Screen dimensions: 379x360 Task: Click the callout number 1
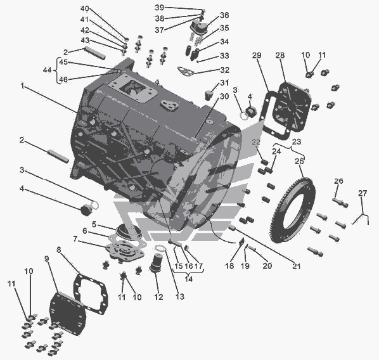[x=22, y=86]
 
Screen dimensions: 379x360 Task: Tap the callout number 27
[x=363, y=193]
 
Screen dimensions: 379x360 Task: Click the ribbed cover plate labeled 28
[x=292, y=106]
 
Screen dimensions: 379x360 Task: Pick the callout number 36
[x=224, y=15]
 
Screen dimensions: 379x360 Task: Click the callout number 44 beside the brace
[x=48, y=70]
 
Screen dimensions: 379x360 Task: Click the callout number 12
[x=159, y=297]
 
